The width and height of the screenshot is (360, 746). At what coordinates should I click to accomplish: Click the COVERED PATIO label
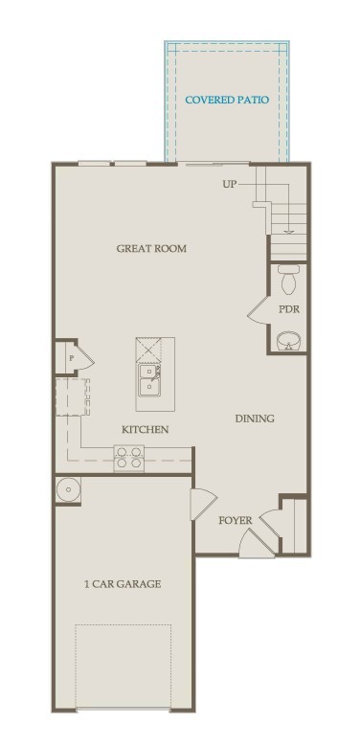pos(227,100)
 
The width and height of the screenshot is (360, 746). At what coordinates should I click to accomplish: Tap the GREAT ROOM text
pos(151,248)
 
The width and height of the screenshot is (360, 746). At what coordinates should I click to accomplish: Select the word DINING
pos(255,418)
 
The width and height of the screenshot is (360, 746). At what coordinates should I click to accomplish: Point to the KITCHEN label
pos(145,430)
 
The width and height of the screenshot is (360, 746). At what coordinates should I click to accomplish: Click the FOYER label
pos(235,521)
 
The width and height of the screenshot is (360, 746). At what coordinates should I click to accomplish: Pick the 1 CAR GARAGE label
pos(123,584)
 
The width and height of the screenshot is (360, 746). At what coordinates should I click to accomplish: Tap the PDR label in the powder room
pos(288,309)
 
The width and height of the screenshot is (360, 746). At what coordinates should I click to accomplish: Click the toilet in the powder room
pos(288,279)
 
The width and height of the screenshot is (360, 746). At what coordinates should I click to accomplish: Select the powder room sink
pos(288,341)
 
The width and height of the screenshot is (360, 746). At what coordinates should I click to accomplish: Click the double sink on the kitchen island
pos(149,379)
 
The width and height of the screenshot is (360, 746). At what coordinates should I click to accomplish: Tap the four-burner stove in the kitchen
pos(129,459)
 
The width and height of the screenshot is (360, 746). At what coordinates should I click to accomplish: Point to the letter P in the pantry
pos(72,358)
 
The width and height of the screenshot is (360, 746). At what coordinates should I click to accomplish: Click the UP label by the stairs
pos(229,184)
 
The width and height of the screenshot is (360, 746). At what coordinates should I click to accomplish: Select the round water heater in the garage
pos(68,489)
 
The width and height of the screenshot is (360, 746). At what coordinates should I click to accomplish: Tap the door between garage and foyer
pos(204,505)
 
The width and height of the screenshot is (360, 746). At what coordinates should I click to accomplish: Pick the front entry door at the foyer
pos(257,542)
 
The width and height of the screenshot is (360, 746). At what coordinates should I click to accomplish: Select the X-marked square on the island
pos(148,350)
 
